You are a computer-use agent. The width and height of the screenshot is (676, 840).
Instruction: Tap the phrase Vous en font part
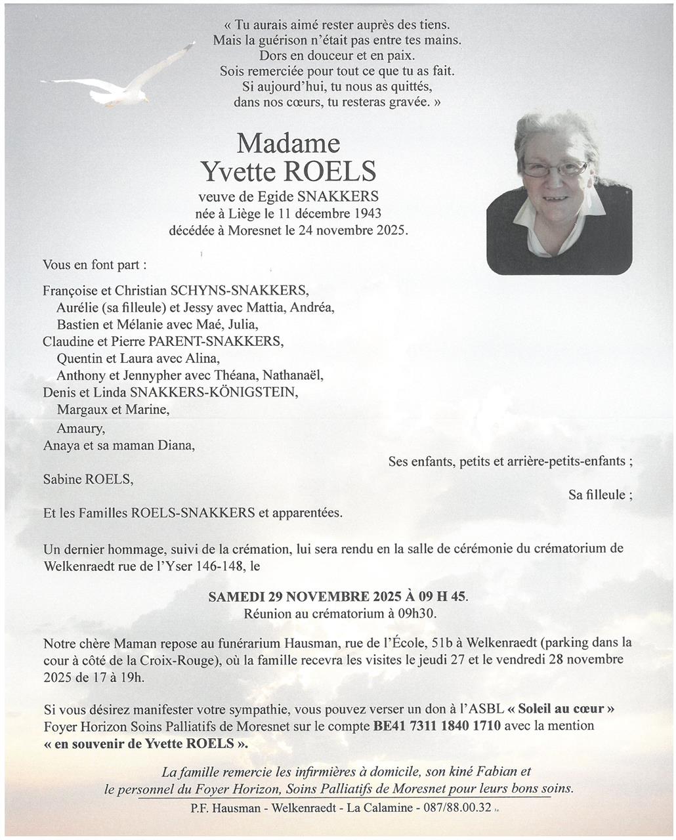tap(95, 265)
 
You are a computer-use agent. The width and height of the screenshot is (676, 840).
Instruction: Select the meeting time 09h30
tap(416, 614)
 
